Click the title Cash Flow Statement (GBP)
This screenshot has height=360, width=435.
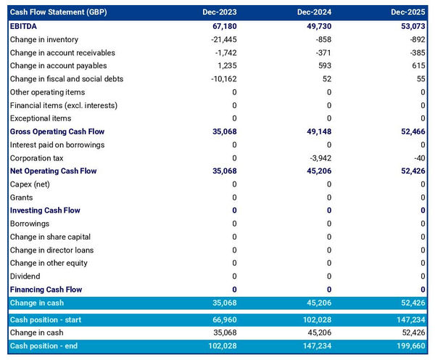[x=55, y=12]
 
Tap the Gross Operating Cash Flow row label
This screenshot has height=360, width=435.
[x=57, y=131]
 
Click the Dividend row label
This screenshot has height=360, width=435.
[x=26, y=277]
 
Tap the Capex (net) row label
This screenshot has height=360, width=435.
[x=31, y=184]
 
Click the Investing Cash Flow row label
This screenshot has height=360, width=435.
[x=46, y=210]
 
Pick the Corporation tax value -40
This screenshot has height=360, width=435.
[x=418, y=157]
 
